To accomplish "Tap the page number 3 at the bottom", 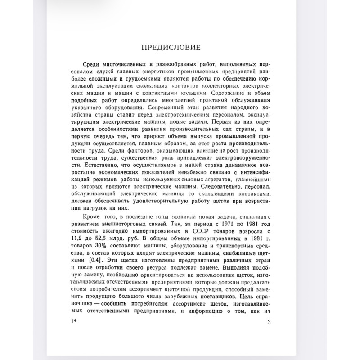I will (269, 321).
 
